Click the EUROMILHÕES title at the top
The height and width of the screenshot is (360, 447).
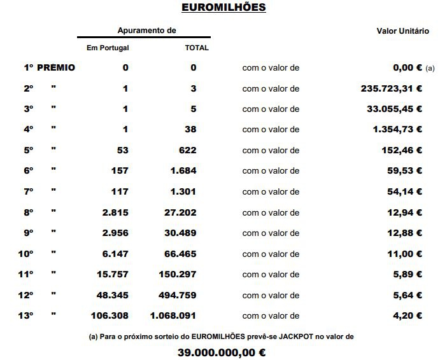223,8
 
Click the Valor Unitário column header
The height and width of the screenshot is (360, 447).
403,31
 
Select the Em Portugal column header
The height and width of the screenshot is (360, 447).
108,48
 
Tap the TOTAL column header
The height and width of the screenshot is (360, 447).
197,48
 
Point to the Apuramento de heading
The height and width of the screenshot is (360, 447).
146,31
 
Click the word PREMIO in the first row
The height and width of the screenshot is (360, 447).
56,67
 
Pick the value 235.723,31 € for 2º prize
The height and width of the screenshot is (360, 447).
391,88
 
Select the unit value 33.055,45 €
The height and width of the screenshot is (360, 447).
394,109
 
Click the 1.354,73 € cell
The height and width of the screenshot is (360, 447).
397,130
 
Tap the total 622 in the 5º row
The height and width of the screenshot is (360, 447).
188,150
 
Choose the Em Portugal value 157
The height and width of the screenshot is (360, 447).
120,171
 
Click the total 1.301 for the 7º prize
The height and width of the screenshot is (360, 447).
183,191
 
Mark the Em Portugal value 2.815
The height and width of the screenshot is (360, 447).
115,212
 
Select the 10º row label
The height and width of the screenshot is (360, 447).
25,254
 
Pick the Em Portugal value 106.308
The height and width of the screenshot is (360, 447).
110,315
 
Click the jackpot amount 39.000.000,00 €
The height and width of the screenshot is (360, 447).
222,352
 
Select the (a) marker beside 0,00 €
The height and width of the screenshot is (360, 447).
430,68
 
